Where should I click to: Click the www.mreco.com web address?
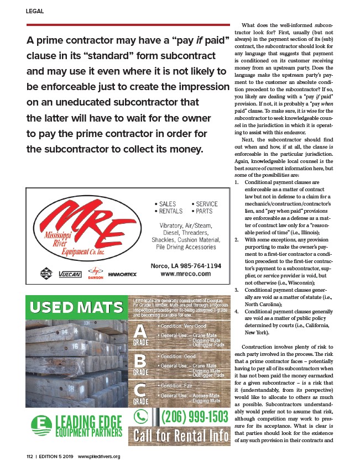click(x=186, y=274)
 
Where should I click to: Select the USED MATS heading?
click(x=77, y=307)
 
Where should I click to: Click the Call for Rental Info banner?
click(x=181, y=436)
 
